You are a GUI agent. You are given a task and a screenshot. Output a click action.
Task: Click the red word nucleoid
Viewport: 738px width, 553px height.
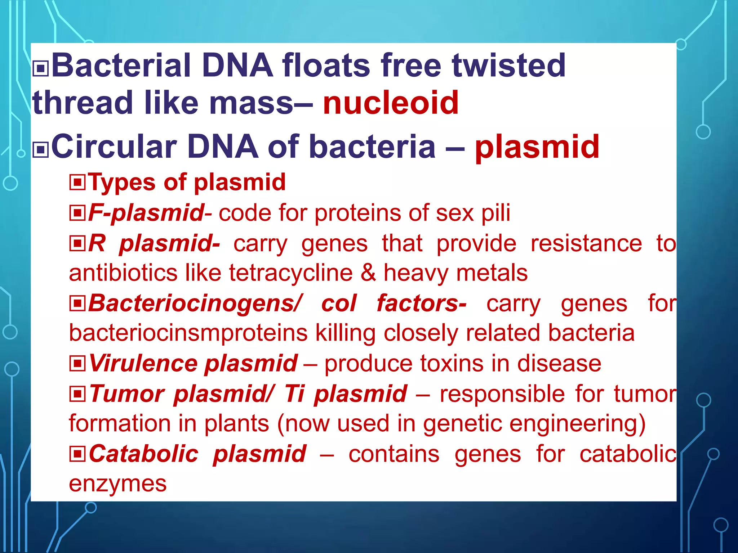391,103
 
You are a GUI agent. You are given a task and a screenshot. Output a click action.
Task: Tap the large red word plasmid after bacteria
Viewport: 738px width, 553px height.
537,147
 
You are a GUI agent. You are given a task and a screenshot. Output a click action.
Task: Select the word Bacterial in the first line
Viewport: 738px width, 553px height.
121,66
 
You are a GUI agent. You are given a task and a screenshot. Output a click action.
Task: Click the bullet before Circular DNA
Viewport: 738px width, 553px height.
41,149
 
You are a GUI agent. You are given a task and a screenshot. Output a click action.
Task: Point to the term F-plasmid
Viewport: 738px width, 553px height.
146,213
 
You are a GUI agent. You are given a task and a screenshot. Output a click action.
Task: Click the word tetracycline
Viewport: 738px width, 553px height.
290,273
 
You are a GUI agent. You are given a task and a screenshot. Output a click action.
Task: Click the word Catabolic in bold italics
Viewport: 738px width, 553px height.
143,454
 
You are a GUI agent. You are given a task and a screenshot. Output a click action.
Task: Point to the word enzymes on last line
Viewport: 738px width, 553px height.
117,484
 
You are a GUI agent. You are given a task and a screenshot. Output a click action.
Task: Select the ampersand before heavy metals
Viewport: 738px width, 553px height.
368,273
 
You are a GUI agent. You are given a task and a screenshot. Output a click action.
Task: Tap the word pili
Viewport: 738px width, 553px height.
496,213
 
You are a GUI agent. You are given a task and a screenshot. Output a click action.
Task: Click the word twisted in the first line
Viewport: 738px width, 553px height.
508,66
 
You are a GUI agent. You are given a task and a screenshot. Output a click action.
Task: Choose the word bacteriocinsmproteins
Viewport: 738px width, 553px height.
188,333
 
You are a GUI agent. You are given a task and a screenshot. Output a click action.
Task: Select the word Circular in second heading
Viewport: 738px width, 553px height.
114,147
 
